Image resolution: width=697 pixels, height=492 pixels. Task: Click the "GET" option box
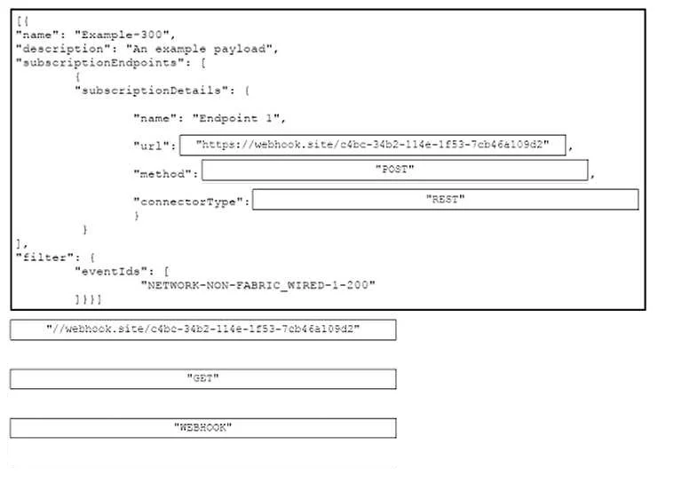coord(203,378)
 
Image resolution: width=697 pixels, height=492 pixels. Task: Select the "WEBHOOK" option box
coord(203,428)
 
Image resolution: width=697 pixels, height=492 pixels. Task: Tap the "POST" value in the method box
coord(395,170)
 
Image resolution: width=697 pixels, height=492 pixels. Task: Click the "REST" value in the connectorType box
coord(446,199)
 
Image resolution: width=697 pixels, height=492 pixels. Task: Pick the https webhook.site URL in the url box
coord(373,145)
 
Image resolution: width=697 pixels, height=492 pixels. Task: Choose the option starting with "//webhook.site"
coord(203,329)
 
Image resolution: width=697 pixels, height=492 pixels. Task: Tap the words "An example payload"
coord(199,49)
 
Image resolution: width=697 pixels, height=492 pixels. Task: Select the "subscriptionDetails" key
coord(154,91)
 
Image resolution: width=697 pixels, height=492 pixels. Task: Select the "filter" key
coord(44,258)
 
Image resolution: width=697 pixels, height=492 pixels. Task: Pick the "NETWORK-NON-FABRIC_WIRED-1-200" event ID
coord(257,285)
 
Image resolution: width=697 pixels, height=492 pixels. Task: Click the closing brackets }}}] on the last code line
coord(89,299)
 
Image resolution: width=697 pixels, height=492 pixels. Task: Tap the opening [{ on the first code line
coord(23,21)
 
